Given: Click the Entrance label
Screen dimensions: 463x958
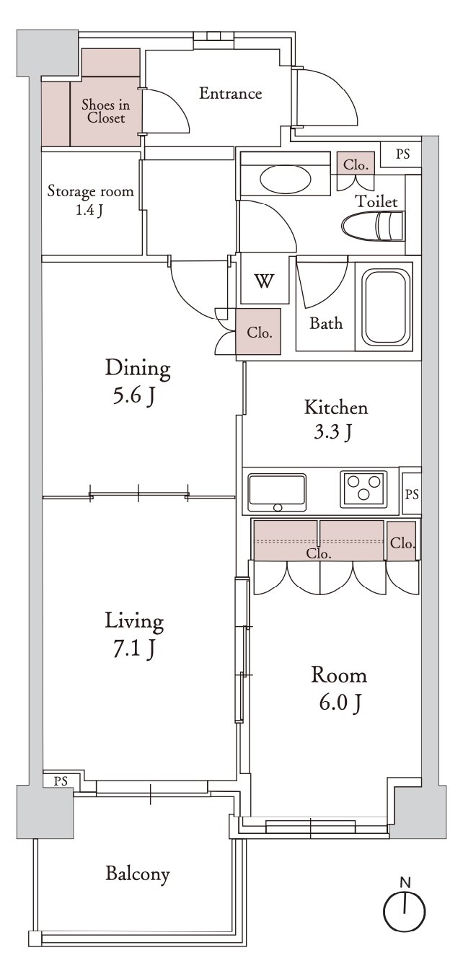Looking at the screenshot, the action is pyautogui.click(x=231, y=94).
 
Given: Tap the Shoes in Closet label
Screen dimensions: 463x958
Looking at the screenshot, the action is pyautogui.click(x=105, y=111).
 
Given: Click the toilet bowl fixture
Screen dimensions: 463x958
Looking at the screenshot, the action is pyautogui.click(x=373, y=227).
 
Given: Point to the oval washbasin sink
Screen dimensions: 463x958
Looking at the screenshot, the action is pyautogui.click(x=285, y=178).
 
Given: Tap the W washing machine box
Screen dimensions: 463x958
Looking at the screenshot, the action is pyautogui.click(x=265, y=280).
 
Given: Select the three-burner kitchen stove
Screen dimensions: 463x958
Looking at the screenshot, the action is pyautogui.click(x=363, y=489).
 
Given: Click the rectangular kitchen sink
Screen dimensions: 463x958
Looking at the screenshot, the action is pyautogui.click(x=277, y=492).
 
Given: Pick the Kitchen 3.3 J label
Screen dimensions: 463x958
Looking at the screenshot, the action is pyautogui.click(x=336, y=419).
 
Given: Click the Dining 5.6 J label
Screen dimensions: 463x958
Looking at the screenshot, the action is pyautogui.click(x=138, y=382).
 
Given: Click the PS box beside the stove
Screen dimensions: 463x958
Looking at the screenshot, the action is pyautogui.click(x=411, y=494).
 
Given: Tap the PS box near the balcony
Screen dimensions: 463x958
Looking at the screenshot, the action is pyautogui.click(x=61, y=781).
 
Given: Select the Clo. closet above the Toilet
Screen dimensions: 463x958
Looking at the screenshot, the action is pyautogui.click(x=356, y=164).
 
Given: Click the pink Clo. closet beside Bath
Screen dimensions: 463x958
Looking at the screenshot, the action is pyautogui.click(x=259, y=331).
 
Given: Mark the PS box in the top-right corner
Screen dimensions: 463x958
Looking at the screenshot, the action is pyautogui.click(x=401, y=154).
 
